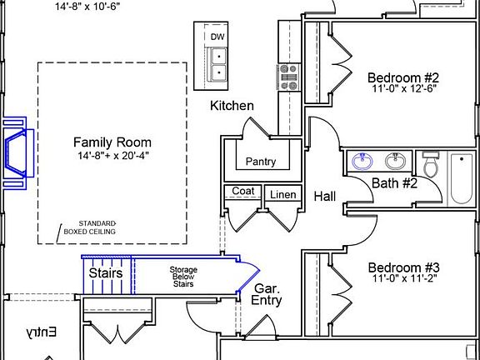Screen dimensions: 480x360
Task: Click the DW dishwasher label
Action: pyautogui.click(x=217, y=37)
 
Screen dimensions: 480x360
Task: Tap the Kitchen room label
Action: pyautogui.click(x=232, y=106)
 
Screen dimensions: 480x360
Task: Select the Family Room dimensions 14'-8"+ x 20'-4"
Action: pyautogui.click(x=113, y=156)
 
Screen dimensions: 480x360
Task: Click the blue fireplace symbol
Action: pyautogui.click(x=15, y=153)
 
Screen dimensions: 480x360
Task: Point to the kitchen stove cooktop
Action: pyautogui.click(x=288, y=77)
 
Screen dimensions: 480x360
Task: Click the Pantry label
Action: pyautogui.click(x=261, y=162)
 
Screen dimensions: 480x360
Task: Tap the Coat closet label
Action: pyautogui.click(x=243, y=191)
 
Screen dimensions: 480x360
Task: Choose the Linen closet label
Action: pyautogui.click(x=283, y=195)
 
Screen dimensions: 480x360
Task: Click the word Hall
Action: pyautogui.click(x=324, y=196)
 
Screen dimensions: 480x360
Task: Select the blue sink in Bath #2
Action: pyautogui.click(x=362, y=161)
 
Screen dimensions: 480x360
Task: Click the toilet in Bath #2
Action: pyautogui.click(x=431, y=165)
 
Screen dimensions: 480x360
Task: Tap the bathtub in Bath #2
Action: pyautogui.click(x=462, y=178)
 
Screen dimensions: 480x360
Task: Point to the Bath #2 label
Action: pyautogui.click(x=394, y=183)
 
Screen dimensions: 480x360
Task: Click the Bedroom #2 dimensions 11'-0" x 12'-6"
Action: pyautogui.click(x=403, y=89)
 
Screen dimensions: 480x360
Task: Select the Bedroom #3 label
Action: pyautogui.click(x=403, y=267)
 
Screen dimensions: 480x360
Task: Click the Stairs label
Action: pyautogui.click(x=106, y=273)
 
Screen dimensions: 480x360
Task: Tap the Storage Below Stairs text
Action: pyautogui.click(x=183, y=277)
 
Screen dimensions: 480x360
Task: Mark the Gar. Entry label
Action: pyautogui.click(x=266, y=294)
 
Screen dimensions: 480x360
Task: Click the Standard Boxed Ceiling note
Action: pyautogui.click(x=90, y=227)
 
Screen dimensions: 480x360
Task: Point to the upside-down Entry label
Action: pyautogui.click(x=41, y=332)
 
